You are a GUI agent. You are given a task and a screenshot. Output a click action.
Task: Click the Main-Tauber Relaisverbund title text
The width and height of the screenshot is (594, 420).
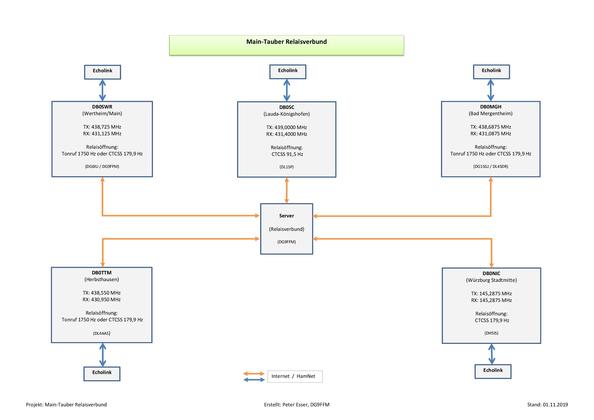[x=286, y=42]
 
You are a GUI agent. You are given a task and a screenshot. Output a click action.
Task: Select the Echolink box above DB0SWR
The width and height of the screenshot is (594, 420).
[x=102, y=72]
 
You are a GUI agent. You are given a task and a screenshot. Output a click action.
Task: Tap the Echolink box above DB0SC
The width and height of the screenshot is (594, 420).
[x=288, y=72]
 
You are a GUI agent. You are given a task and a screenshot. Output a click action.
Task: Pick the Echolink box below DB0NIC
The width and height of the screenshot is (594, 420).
[x=493, y=371]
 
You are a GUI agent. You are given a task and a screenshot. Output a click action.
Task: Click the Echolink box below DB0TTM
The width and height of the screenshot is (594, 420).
[x=102, y=373]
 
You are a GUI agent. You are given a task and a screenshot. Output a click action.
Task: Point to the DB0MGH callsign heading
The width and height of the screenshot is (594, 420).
[x=491, y=107]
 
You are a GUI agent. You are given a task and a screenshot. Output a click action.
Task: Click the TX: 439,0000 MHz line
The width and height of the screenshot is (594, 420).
[x=286, y=127]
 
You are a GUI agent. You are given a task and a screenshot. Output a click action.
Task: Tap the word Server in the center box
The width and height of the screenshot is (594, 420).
[x=286, y=216]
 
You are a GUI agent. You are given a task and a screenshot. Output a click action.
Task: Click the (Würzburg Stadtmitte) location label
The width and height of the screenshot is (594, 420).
[x=491, y=280]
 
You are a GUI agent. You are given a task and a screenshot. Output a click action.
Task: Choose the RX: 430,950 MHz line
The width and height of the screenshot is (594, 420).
[x=102, y=299]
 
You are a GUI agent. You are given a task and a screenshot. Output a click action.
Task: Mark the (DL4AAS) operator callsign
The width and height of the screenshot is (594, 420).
[x=102, y=333]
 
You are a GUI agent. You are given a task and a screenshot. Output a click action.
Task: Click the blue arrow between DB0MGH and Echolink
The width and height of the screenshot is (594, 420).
[x=491, y=90]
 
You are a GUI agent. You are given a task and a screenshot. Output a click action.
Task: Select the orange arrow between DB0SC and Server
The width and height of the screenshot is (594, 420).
[x=287, y=190]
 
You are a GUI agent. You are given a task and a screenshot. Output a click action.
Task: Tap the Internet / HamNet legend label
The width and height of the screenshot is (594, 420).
[x=293, y=376]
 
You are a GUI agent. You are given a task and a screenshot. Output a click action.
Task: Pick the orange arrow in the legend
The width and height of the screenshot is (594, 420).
[x=254, y=373]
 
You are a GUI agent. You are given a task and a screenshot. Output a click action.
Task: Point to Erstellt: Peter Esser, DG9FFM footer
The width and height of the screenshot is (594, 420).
[x=296, y=404]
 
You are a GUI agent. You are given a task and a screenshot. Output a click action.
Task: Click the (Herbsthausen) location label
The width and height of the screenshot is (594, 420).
[x=102, y=279]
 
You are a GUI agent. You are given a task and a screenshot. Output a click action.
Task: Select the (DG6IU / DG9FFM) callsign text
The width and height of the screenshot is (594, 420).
[x=102, y=166]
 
